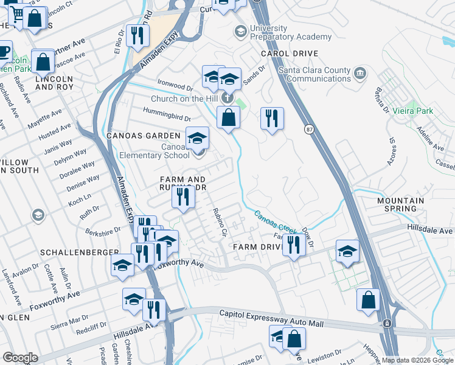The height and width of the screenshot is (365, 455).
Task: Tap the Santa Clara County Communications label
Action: (314, 74)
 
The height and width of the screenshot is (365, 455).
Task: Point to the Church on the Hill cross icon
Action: (227, 98)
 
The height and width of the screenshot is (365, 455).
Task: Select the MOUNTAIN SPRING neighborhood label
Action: (400, 204)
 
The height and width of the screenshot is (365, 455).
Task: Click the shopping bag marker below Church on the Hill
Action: (228, 117)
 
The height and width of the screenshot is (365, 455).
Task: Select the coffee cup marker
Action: (4, 50)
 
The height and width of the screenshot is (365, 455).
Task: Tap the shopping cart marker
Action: (16, 13)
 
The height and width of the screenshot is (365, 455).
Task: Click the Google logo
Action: (20, 358)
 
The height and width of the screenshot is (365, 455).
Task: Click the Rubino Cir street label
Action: (220, 223)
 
